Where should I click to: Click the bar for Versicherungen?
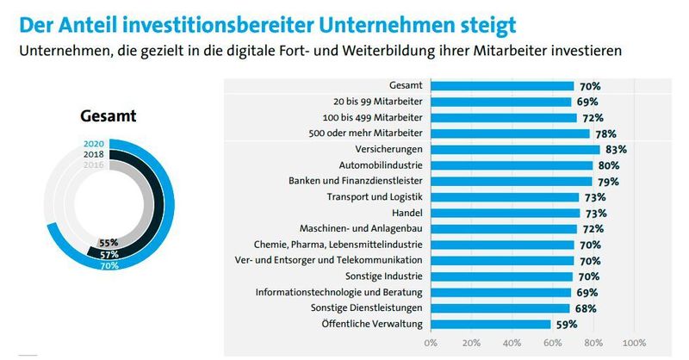click(514, 149)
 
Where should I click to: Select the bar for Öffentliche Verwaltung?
click(490, 324)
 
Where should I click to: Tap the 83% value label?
click(616, 149)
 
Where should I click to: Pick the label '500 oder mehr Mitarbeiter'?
click(366, 133)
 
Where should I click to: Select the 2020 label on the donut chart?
click(95, 144)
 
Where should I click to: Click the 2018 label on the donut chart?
click(95, 153)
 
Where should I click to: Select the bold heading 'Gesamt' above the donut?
click(109, 115)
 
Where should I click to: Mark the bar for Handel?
click(504, 213)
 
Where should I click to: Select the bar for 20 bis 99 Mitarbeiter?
click(500, 102)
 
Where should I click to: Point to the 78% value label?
click(605, 133)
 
